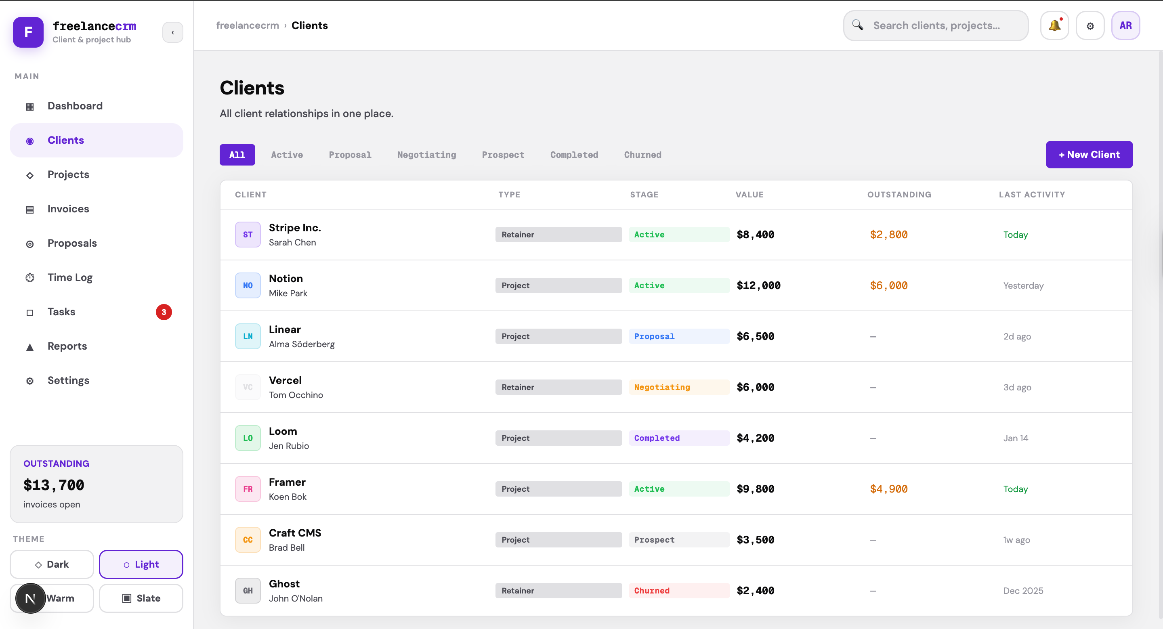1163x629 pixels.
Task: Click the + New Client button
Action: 1089,155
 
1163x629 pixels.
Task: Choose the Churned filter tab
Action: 642,155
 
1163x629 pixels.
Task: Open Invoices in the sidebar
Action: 68,209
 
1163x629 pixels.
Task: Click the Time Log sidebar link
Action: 70,277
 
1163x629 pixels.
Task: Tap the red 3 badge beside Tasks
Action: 164,312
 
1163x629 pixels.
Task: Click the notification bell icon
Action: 1054,26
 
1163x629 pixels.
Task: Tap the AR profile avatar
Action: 1125,26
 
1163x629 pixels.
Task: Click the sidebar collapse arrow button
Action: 172,32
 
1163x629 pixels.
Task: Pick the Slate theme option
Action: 141,598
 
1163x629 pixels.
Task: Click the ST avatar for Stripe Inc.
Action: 248,235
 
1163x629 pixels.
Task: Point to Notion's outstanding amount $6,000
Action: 888,285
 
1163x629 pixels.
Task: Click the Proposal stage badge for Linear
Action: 654,336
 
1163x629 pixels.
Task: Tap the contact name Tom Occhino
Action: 296,395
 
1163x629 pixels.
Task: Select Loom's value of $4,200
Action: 755,438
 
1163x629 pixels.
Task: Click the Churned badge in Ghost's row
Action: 651,591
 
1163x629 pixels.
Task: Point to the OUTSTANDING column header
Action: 898,195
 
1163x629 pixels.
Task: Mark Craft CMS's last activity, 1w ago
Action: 1016,540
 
